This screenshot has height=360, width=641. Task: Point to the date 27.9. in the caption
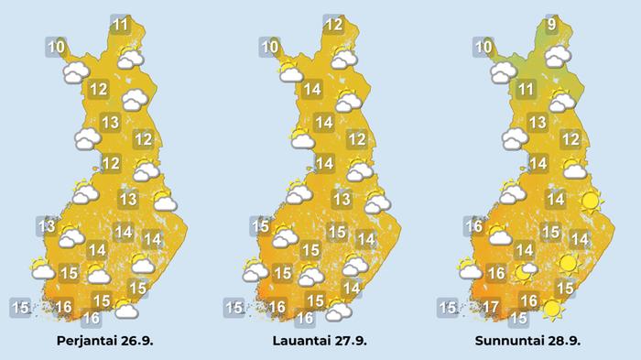point(349,341)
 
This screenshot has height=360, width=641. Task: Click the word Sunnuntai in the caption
point(510,341)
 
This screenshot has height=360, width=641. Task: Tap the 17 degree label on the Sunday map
point(492,306)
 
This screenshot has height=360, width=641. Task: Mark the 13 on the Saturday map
point(342,199)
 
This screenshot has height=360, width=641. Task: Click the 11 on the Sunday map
point(526,89)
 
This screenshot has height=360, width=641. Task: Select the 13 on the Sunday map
point(538,122)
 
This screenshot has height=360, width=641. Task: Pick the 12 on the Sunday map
point(570,139)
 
